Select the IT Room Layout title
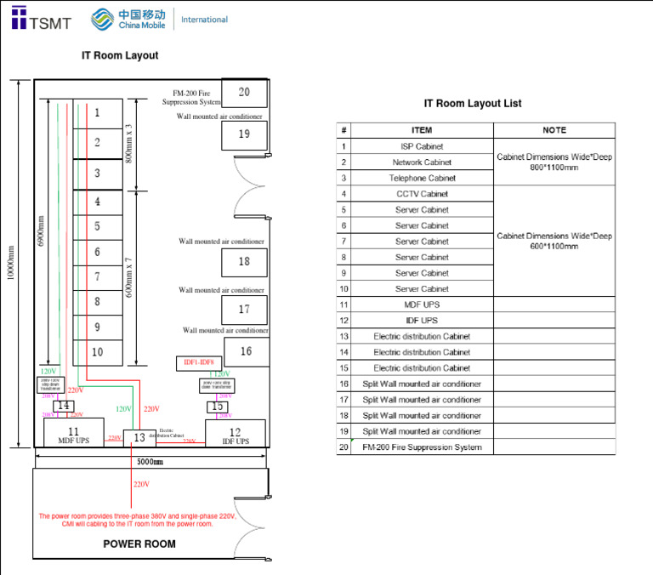click(120, 55)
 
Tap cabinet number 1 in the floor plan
click(97, 112)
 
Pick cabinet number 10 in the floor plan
click(97, 351)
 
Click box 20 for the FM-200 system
click(244, 92)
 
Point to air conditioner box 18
click(244, 262)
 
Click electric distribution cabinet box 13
click(139, 437)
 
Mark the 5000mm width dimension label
click(150, 461)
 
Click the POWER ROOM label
click(139, 544)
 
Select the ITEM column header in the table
click(422, 130)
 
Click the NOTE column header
click(554, 130)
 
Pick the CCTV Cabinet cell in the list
click(422, 194)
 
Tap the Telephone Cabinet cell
click(422, 179)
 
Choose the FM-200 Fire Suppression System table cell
click(422, 447)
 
